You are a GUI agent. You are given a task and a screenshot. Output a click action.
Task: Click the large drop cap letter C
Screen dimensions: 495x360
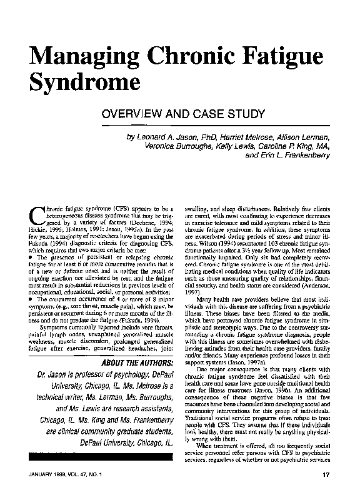click(36, 215)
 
